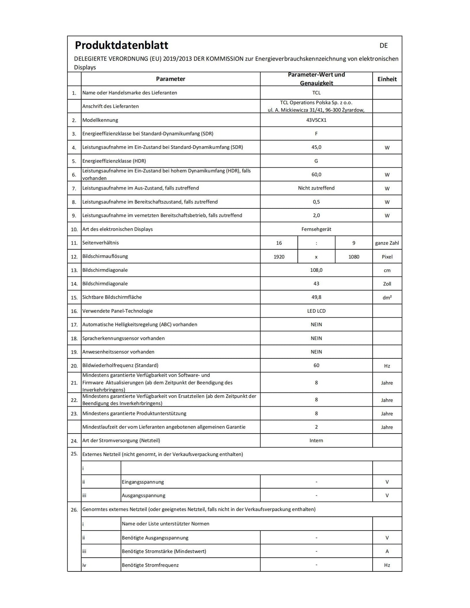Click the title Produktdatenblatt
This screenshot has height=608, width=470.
point(122,45)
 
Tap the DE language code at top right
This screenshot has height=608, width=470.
point(383,46)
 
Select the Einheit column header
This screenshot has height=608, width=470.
point(387,79)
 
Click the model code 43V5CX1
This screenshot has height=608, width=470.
point(316,120)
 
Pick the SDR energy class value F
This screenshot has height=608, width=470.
point(316,134)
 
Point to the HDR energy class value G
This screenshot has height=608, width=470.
point(316,161)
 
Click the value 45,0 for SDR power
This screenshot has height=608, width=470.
point(316,147)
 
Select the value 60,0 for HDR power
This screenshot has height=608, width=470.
point(316,174)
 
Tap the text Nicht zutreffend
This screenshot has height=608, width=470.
point(316,188)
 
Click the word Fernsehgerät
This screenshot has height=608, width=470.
point(316,229)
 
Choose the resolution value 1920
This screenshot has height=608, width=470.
point(279,257)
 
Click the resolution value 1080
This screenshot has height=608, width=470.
point(354,257)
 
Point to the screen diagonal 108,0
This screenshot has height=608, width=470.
point(316,270)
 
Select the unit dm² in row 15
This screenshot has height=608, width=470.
point(387,298)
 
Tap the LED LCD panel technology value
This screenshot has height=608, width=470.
point(316,311)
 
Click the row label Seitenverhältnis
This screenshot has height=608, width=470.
point(100,243)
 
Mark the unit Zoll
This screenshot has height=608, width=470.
point(387,284)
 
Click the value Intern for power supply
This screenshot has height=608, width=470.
point(316,441)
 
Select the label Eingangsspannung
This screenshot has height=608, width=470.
point(143,482)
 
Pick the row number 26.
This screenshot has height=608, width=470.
point(74,510)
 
